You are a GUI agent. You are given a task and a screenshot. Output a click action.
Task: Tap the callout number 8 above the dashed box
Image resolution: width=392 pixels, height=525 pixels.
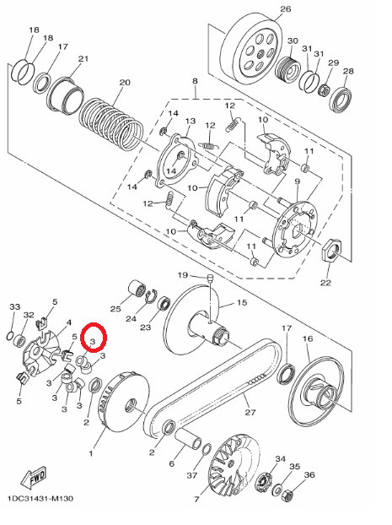tap(195, 82)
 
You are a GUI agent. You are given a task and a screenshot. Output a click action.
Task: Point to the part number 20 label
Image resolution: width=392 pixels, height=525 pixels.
tap(125, 83)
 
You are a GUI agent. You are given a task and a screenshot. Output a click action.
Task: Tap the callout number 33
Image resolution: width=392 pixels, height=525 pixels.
tap(14, 306)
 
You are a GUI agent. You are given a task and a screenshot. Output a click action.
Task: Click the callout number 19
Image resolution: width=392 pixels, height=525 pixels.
tap(182, 276)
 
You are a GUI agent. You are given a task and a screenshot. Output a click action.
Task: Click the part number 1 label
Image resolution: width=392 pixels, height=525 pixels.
tap(91, 453)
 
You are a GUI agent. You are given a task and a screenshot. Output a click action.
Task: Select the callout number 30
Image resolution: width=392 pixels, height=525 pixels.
tap(293, 41)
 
